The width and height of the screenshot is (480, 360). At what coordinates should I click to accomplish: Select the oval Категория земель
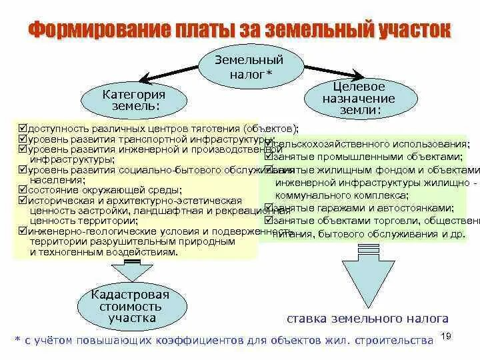tap(133, 100)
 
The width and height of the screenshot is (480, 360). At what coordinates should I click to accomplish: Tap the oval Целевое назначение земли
tap(359, 99)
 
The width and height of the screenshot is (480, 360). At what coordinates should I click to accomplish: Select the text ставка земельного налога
tap(367, 319)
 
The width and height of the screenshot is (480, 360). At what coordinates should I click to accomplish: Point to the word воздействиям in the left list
tap(145, 253)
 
